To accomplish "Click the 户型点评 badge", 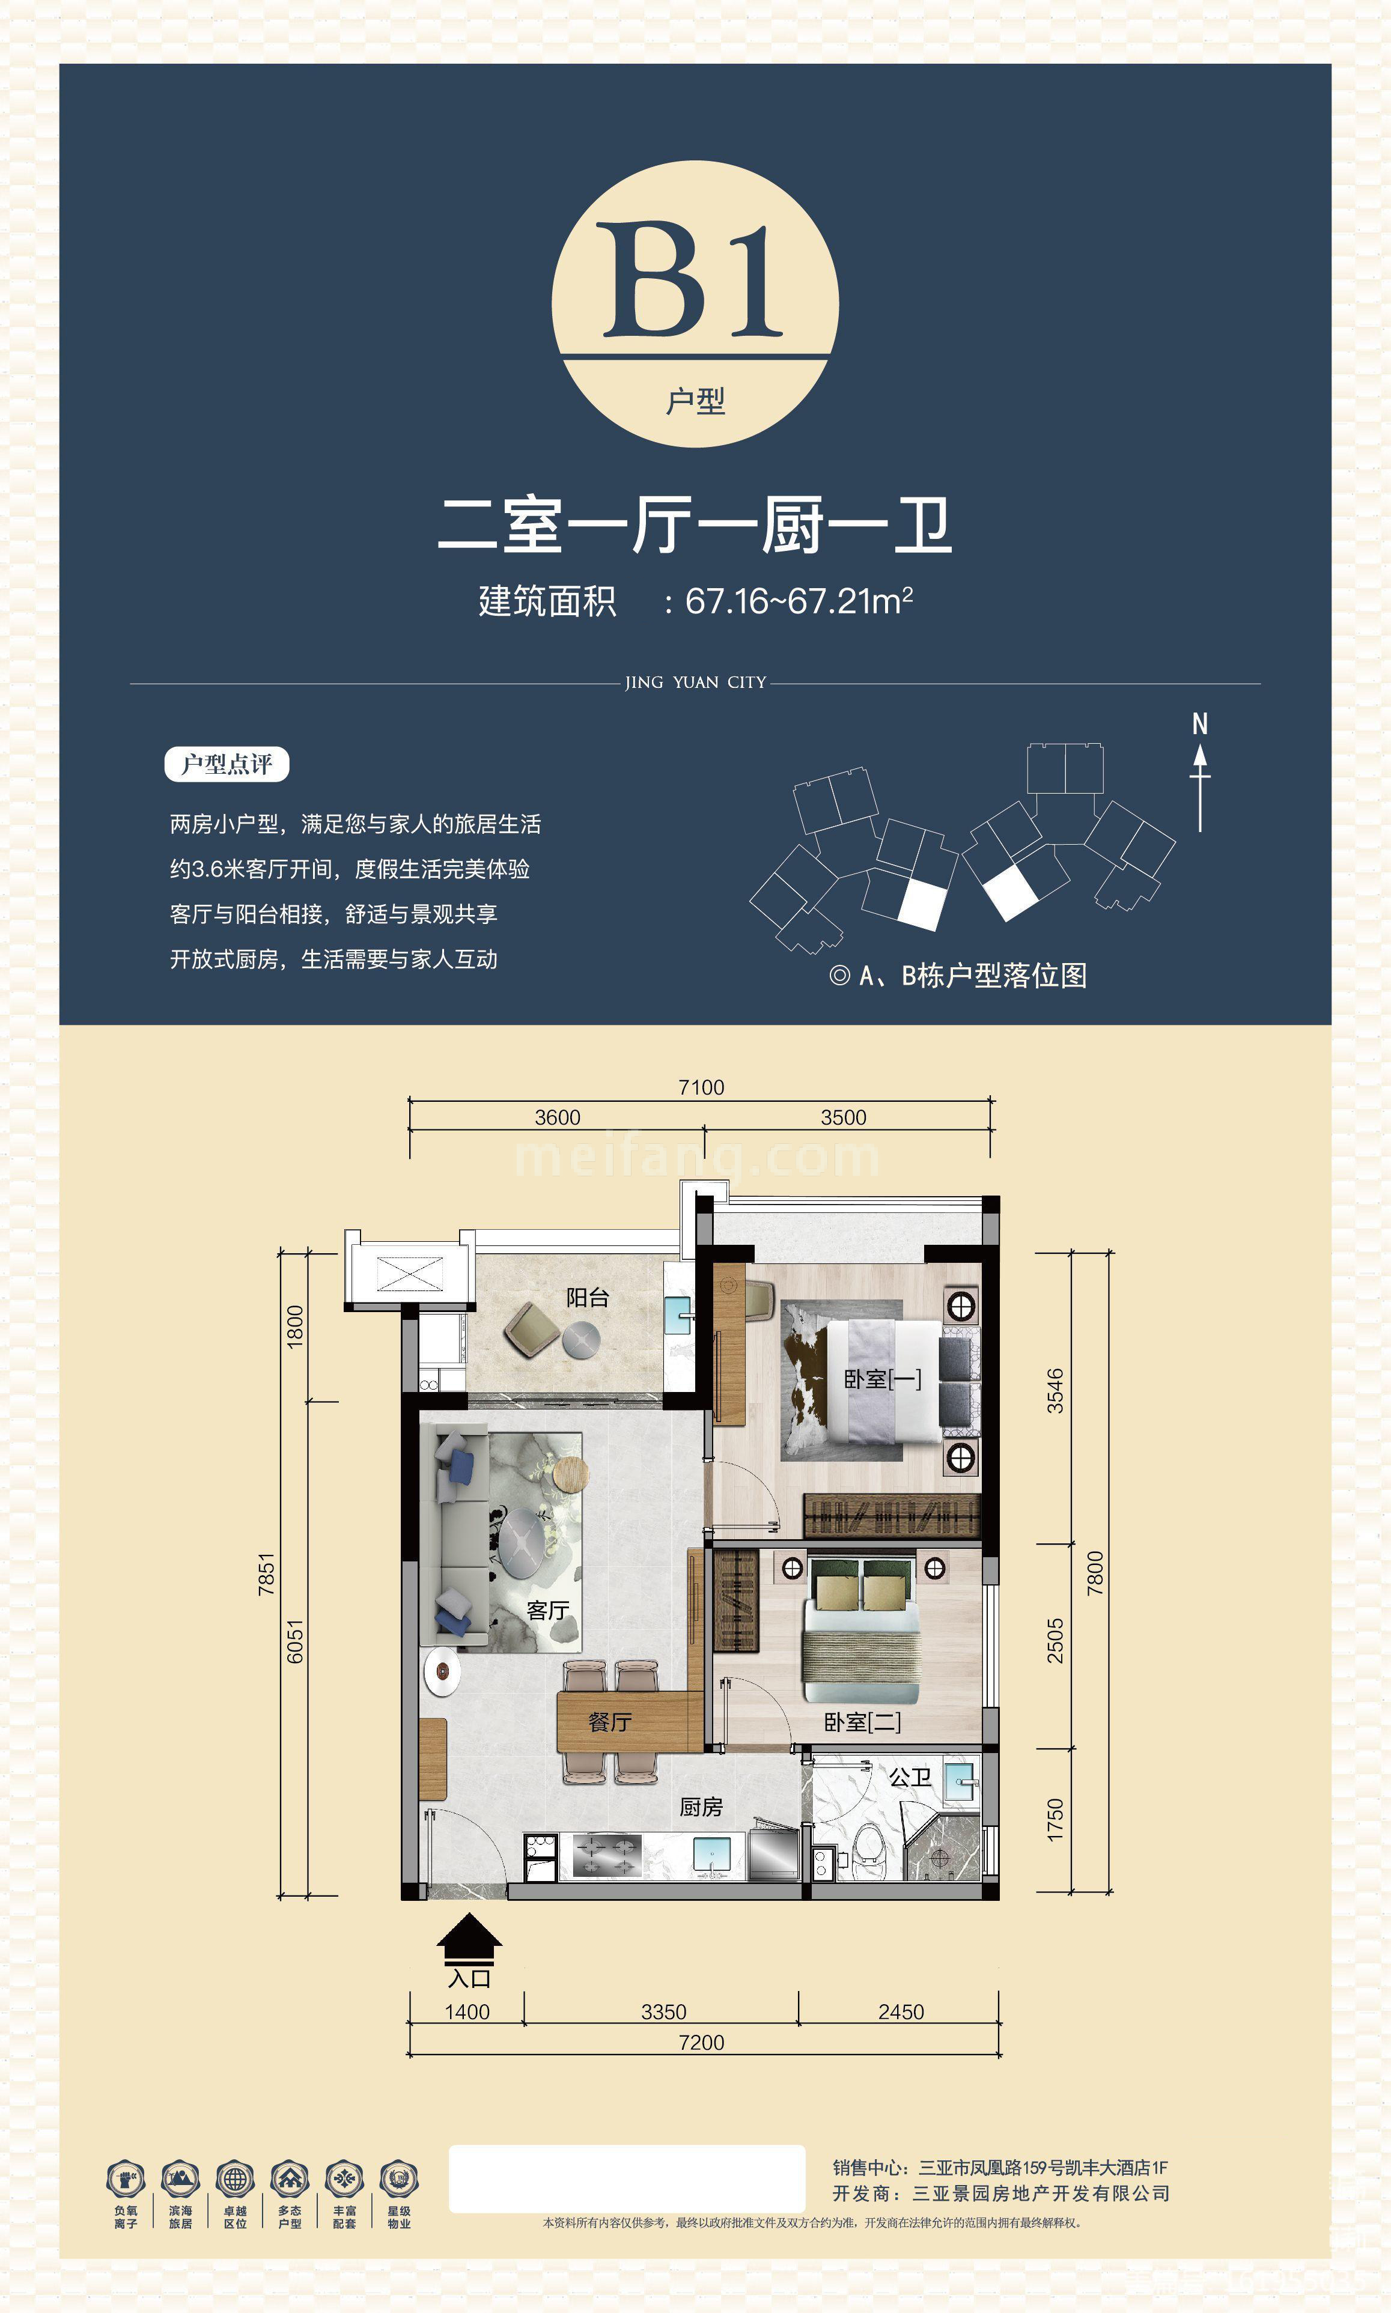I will [x=227, y=764].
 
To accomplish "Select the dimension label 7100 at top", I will [x=701, y=1087].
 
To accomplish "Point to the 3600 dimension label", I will [x=558, y=1117].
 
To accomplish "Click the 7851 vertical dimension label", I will [x=267, y=1575].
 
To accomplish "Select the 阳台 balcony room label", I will [x=588, y=1297].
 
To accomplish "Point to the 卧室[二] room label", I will [x=862, y=1722].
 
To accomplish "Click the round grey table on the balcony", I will [x=581, y=1340].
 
